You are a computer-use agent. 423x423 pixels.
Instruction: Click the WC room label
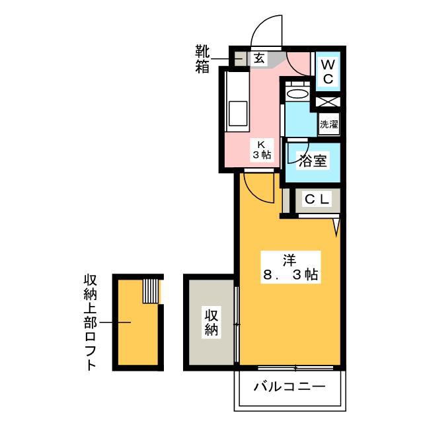click(328, 71)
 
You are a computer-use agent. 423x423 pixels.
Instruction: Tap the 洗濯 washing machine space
click(328, 124)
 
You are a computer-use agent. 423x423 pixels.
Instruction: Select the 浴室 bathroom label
click(313, 161)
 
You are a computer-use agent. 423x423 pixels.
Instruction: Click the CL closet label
click(317, 200)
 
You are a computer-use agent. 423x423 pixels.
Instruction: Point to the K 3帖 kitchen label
click(262, 150)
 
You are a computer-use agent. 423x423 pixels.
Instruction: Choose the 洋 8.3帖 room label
click(290, 267)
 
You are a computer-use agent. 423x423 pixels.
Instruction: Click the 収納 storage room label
click(211, 322)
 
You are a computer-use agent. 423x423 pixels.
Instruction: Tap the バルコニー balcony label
click(289, 387)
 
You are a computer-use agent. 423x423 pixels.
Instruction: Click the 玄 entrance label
click(259, 58)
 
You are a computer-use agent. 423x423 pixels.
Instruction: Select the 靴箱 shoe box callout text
click(202, 59)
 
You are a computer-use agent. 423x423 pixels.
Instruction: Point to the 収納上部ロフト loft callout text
click(90, 323)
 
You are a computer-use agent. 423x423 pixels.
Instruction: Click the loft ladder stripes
click(151, 291)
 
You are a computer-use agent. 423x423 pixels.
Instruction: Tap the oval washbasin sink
click(297, 94)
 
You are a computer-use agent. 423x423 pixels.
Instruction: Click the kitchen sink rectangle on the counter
click(238, 113)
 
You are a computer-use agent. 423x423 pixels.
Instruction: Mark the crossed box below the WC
click(328, 101)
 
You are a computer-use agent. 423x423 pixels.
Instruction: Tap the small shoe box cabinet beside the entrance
click(239, 59)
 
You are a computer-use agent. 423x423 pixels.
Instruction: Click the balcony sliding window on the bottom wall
click(295, 367)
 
